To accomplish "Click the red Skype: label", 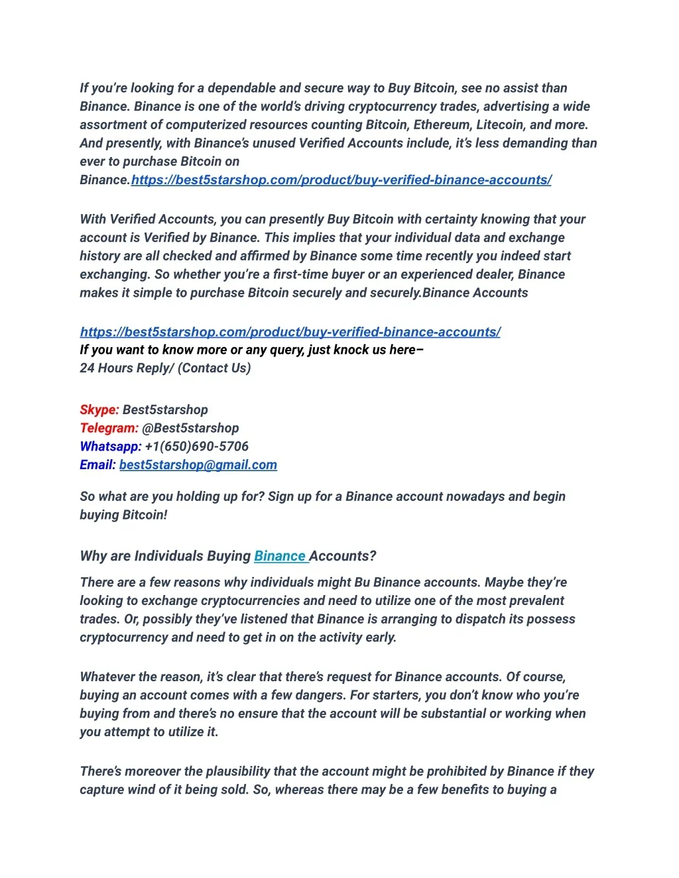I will tap(99, 410).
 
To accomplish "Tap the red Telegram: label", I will tap(109, 428).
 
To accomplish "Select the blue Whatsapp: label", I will tap(110, 447).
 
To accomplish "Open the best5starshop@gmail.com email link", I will tap(198, 465).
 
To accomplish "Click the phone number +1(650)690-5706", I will tap(196, 447).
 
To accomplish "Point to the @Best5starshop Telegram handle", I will tap(190, 428).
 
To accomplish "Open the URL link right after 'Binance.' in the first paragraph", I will tap(341, 180).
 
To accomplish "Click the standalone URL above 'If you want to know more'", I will tap(290, 332).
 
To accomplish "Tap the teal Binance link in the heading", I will tap(280, 556).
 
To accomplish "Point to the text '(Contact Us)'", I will tap(214, 368).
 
